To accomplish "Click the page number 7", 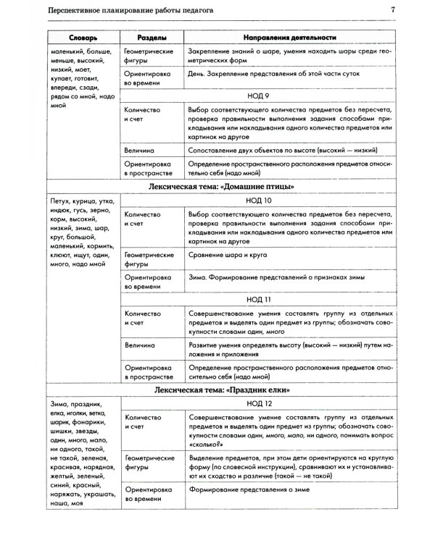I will [392, 10].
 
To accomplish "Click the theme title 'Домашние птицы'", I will [218, 187].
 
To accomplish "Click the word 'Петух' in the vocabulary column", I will [62, 201].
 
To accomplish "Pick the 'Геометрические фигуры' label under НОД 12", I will [148, 463].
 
